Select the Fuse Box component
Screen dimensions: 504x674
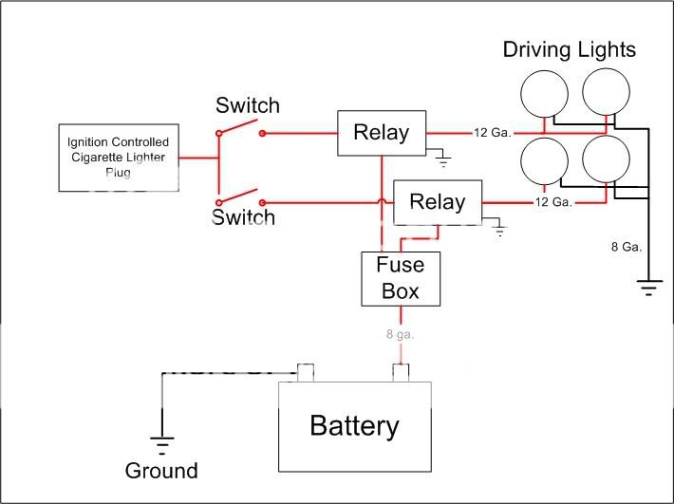(x=401, y=278)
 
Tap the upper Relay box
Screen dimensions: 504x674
(x=381, y=132)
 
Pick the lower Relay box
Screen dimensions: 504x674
(x=437, y=201)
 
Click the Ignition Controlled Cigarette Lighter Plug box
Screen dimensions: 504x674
(x=118, y=158)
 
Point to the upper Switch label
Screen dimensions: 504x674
(x=247, y=104)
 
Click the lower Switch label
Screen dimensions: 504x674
(x=243, y=217)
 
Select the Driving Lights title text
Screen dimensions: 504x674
(x=569, y=49)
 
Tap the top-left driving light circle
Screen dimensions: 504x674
(x=544, y=94)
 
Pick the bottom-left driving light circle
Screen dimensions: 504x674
(x=544, y=160)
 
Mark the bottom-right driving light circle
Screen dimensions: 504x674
(x=606, y=159)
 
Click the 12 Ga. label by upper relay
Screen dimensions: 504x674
(x=493, y=133)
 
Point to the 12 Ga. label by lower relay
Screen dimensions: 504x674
(x=552, y=202)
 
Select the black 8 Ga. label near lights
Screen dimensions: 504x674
(x=626, y=247)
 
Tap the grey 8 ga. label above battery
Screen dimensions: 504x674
(x=400, y=334)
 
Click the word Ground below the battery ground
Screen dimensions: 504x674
(x=161, y=471)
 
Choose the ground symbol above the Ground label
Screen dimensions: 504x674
(x=161, y=442)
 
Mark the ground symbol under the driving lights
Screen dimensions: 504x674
(x=649, y=289)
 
